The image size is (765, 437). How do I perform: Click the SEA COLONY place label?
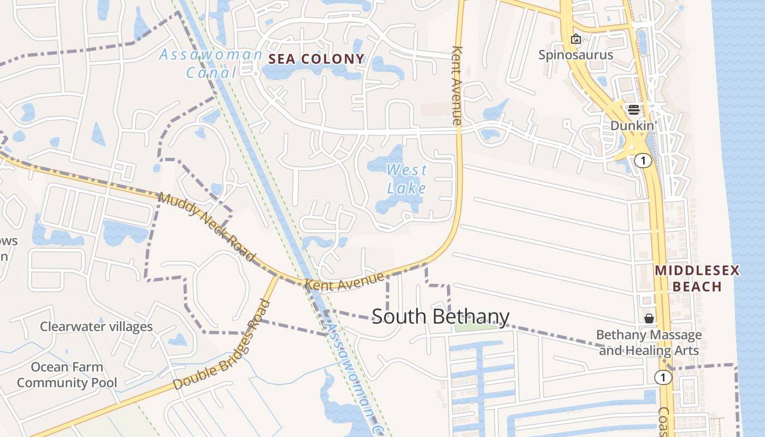(x=316, y=59)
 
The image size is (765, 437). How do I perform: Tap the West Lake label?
(x=407, y=179)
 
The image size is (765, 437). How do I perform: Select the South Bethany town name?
(x=440, y=316)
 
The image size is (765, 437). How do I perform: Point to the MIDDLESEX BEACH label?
(x=697, y=278)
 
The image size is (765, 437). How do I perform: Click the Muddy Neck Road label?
(x=207, y=226)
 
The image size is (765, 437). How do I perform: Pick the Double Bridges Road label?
(x=222, y=345)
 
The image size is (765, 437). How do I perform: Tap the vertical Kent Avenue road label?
(x=457, y=85)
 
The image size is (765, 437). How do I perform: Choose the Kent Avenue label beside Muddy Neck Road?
(x=344, y=281)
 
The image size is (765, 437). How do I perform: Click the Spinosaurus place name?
(x=575, y=55)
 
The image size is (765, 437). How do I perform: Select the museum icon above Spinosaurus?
(x=575, y=39)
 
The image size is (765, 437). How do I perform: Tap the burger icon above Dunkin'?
(x=633, y=109)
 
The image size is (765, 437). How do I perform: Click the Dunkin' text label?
(x=633, y=126)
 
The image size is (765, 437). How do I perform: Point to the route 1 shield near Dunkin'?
(x=645, y=161)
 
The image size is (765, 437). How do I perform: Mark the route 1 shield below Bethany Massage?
(x=663, y=377)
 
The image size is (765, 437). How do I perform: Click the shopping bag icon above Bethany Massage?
(x=649, y=318)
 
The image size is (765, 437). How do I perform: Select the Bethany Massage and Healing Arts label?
(x=649, y=342)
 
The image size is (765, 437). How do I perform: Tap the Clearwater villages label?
(x=96, y=327)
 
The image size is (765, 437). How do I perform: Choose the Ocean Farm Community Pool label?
(x=67, y=375)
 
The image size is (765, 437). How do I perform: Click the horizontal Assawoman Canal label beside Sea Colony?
(x=211, y=63)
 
